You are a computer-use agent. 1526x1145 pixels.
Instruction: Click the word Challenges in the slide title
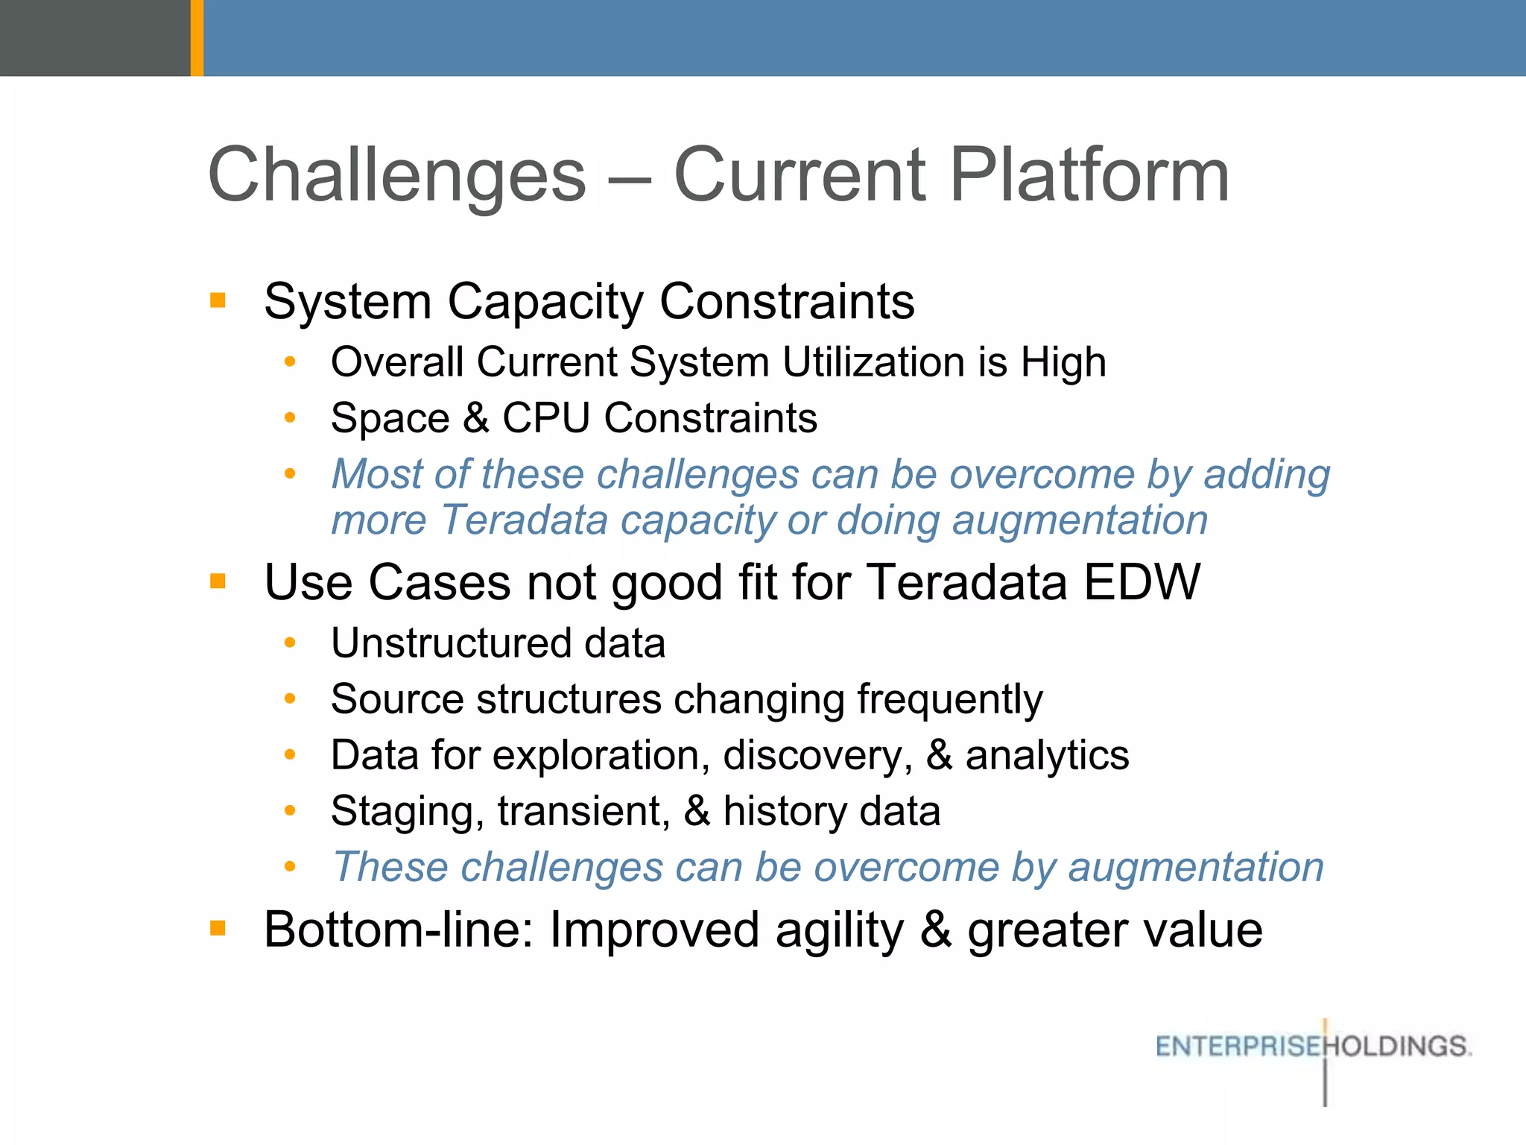(x=397, y=176)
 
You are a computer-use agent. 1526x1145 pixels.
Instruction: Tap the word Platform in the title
(x=1089, y=176)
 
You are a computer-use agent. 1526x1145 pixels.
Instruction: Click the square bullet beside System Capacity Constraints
(x=218, y=301)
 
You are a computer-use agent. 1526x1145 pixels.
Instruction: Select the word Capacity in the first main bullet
(x=545, y=303)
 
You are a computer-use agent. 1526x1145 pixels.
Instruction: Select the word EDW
(x=1142, y=581)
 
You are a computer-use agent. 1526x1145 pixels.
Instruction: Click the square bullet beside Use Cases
(x=218, y=581)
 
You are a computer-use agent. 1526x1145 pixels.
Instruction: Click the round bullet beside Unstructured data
(x=291, y=643)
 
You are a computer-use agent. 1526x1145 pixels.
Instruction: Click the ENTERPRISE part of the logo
(x=1238, y=1047)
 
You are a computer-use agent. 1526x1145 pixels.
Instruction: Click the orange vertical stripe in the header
(x=197, y=37)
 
